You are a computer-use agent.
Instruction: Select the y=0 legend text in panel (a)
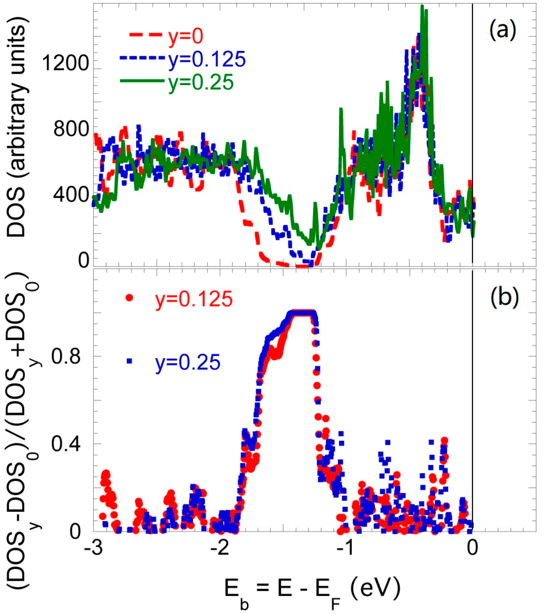click(185, 36)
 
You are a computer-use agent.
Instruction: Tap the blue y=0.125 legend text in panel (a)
click(207, 59)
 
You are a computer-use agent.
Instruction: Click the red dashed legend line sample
click(147, 35)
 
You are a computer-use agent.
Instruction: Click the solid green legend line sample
click(142, 81)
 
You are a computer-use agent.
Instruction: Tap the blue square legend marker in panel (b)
click(129, 362)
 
